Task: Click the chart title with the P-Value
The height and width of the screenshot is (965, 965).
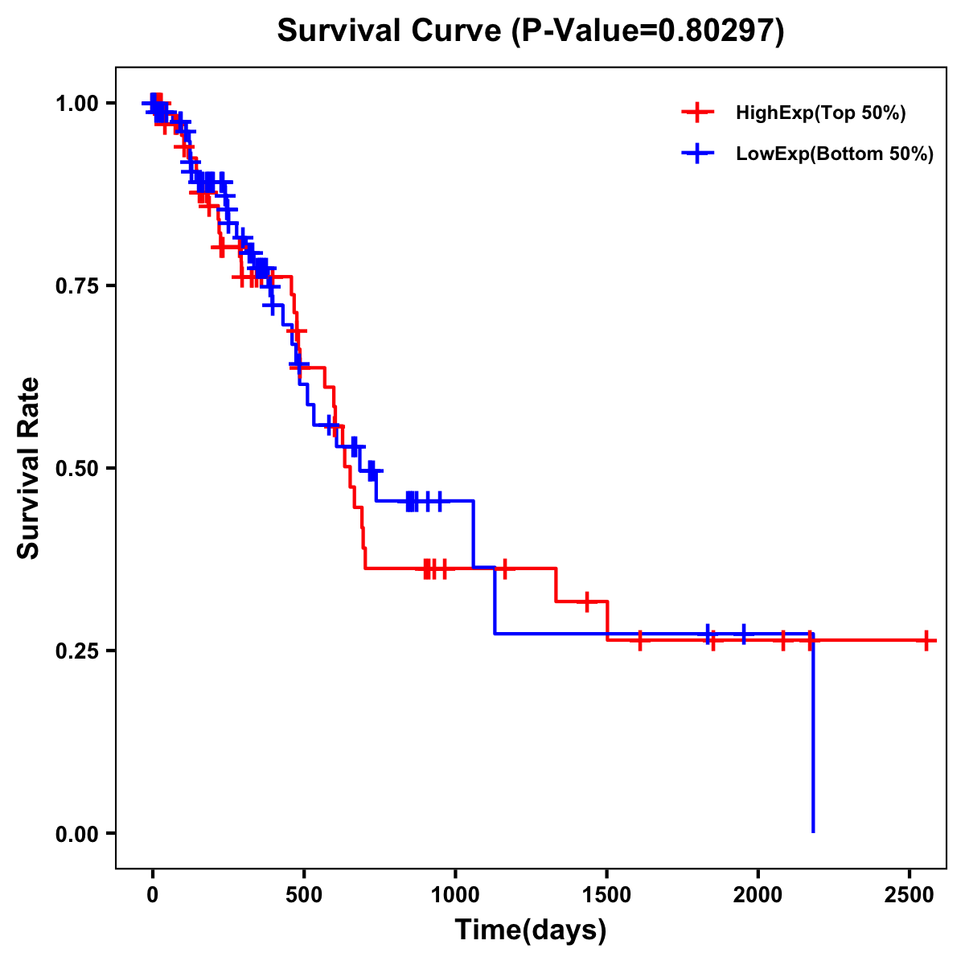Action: point(530,31)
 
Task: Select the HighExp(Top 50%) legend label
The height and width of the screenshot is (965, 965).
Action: point(821,113)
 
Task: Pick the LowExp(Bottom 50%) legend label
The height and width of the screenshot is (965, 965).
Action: point(835,154)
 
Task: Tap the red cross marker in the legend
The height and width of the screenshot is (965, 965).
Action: point(698,113)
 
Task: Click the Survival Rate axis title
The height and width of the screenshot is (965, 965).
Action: point(29,468)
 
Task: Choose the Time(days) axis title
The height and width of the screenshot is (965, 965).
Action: point(531,930)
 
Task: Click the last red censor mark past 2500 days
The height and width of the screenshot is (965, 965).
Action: point(927,640)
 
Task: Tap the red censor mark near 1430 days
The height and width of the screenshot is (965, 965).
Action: point(587,602)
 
